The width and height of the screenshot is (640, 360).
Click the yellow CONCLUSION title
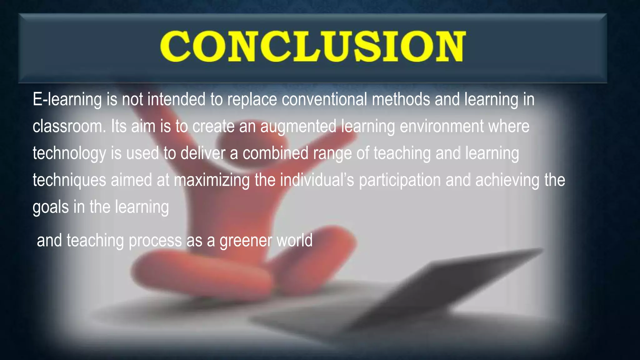(x=312, y=47)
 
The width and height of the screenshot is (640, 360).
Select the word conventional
(x=324, y=99)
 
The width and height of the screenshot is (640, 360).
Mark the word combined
(x=275, y=153)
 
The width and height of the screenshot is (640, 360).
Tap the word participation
(x=400, y=181)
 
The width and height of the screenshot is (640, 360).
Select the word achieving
(x=507, y=181)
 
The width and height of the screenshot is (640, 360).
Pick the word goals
(x=51, y=207)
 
